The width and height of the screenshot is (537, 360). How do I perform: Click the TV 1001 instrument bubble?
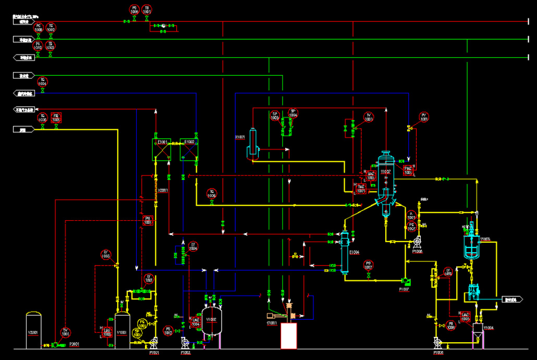click(x=369, y=117)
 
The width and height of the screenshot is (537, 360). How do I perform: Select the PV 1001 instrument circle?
click(x=423, y=117)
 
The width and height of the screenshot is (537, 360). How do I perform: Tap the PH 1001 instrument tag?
click(x=148, y=220)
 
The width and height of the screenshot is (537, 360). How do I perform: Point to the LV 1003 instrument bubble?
click(x=106, y=255)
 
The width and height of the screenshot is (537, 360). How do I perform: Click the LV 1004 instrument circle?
click(x=193, y=246)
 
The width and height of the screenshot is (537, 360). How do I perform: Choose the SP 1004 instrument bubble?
click(x=292, y=114)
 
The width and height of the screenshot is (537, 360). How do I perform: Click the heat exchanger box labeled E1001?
click(x=162, y=150)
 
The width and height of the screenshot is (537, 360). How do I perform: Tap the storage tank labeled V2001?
click(x=34, y=330)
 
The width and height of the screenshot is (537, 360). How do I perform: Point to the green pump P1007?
click(x=406, y=282)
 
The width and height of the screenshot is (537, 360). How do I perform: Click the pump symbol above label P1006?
click(x=417, y=242)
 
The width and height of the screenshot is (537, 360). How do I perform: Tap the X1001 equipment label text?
click(x=240, y=137)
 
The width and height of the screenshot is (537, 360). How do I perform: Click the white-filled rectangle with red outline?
click(x=288, y=335)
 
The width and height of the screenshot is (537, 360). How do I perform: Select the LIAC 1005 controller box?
click(x=466, y=316)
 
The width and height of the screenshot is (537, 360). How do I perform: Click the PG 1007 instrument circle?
click(x=368, y=265)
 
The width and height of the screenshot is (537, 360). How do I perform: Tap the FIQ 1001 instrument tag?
click(x=56, y=117)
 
